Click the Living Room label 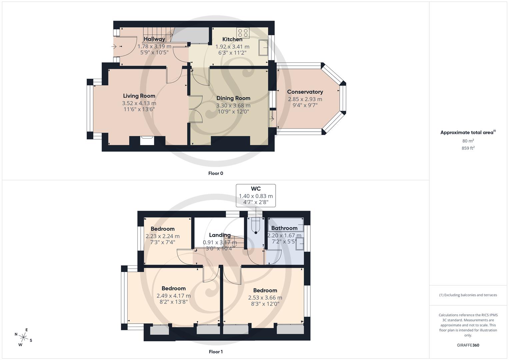[x=139, y=96]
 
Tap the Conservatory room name [x=305, y=92]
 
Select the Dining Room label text [x=233, y=98]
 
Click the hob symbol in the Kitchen [x=242, y=33]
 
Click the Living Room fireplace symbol [x=147, y=141]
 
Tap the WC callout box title [x=256, y=189]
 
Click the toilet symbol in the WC [x=256, y=225]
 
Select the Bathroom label [x=284, y=228]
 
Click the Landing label [x=220, y=235]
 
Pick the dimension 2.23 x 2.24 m [x=162, y=236]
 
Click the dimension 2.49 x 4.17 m [x=173, y=296]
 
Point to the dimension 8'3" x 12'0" [x=265, y=304]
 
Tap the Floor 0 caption [x=216, y=173]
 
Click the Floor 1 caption [x=216, y=352]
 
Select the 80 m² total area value [x=468, y=141]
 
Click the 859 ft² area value [x=468, y=148]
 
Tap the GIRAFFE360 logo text [x=468, y=345]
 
